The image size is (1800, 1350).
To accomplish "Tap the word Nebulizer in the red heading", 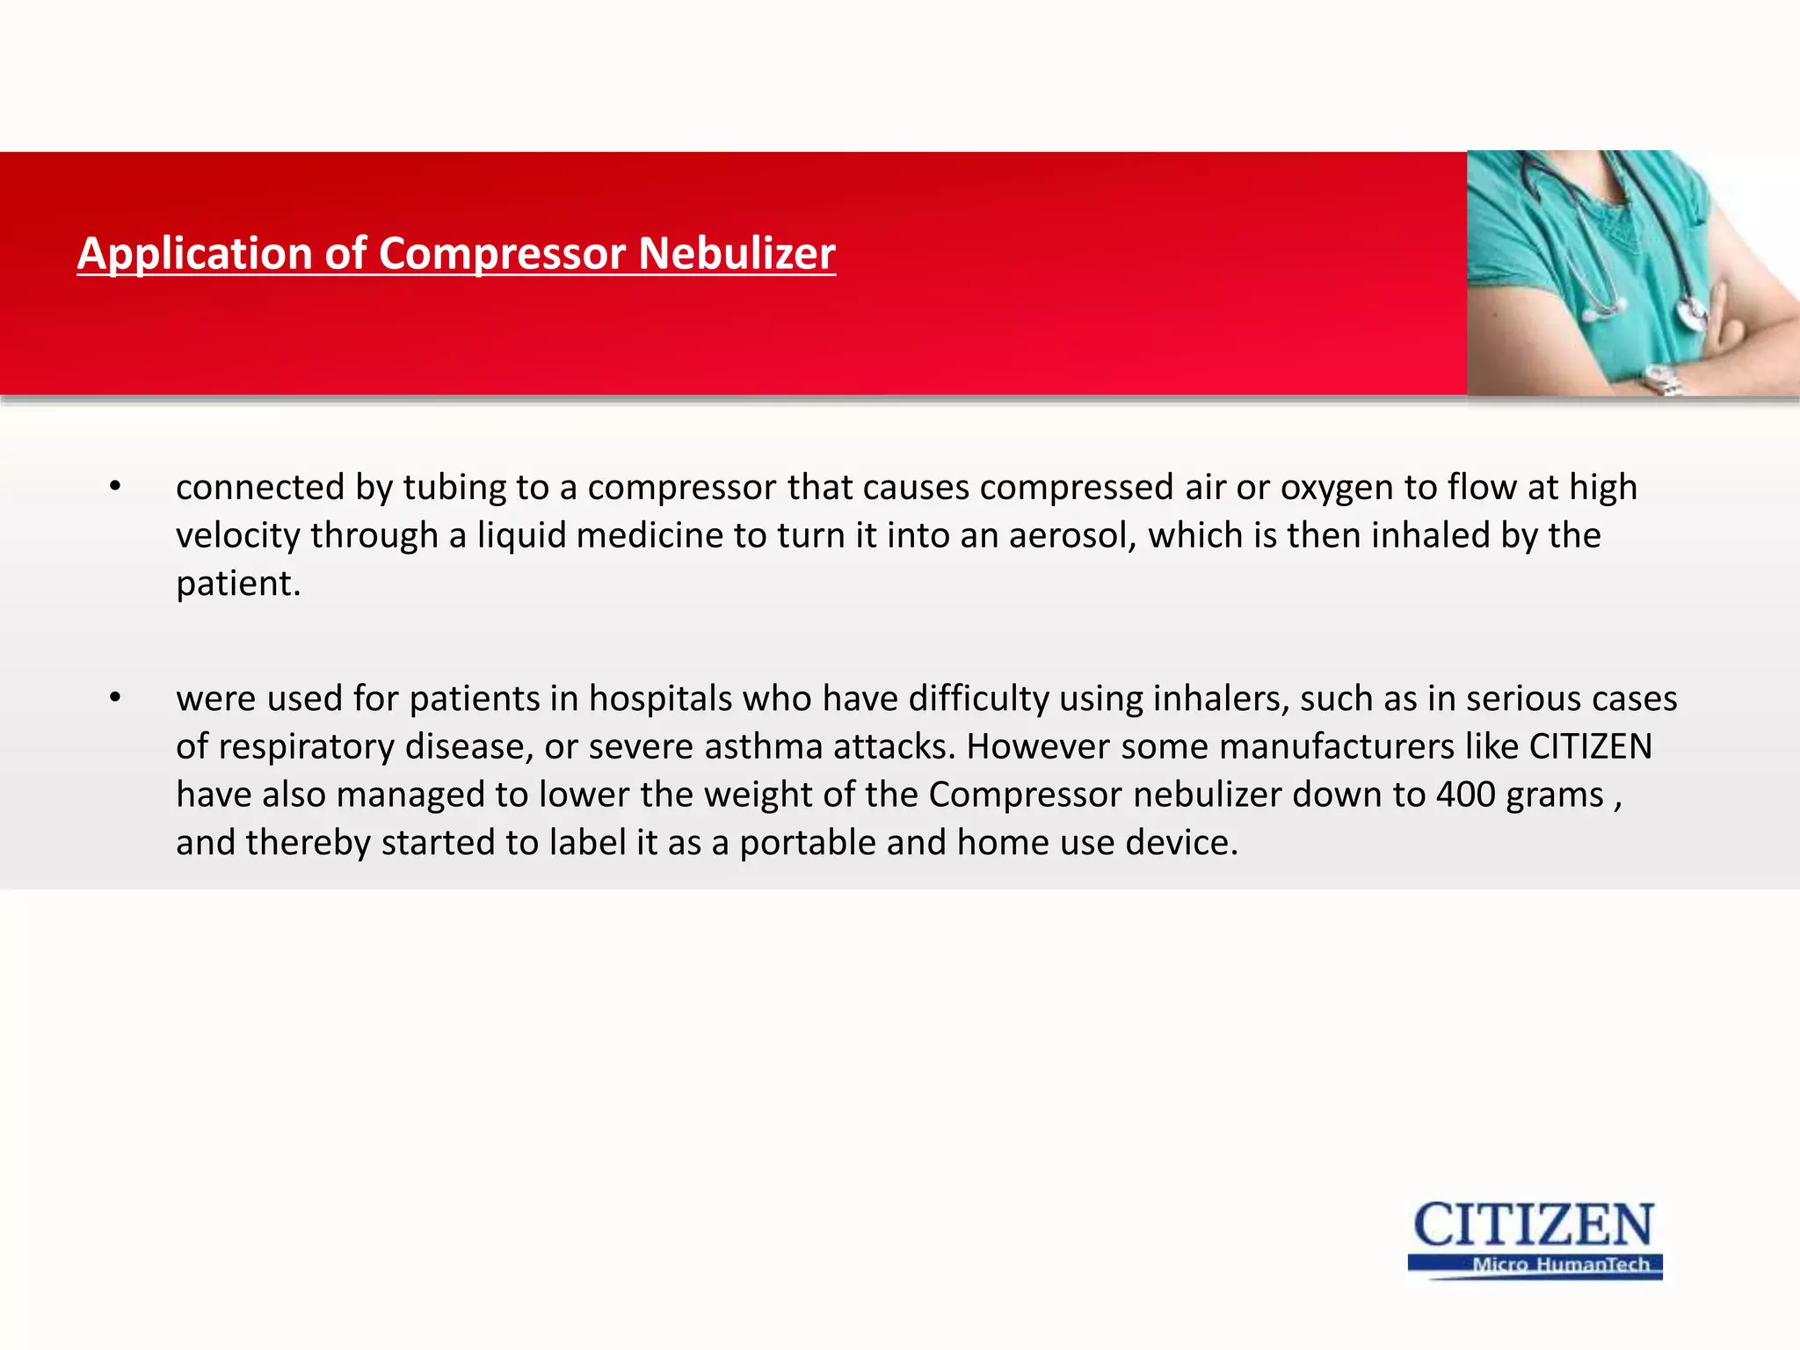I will (x=737, y=254).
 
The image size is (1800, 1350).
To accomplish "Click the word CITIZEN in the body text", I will (x=1590, y=747).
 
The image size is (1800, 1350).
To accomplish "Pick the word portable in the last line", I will (x=808, y=843).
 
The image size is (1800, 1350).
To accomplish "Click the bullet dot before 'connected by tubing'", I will (x=115, y=487).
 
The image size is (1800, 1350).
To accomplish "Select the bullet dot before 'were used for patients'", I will (x=115, y=699).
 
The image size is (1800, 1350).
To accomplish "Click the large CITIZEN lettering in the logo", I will (x=1534, y=1225).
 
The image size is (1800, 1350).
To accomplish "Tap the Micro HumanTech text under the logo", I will (x=1561, y=1265).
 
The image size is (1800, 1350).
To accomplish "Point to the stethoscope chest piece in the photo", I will (x=1692, y=311).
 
